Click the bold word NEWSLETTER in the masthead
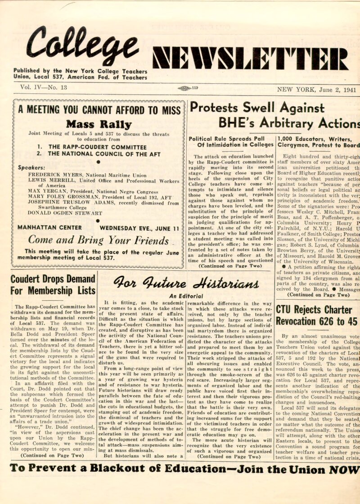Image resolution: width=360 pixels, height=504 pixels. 251,59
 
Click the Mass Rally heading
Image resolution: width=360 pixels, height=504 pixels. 99,125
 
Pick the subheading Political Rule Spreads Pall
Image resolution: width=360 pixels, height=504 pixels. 231,139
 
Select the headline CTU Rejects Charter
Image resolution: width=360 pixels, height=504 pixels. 314,310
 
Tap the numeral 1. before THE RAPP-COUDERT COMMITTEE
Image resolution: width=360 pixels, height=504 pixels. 40,146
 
